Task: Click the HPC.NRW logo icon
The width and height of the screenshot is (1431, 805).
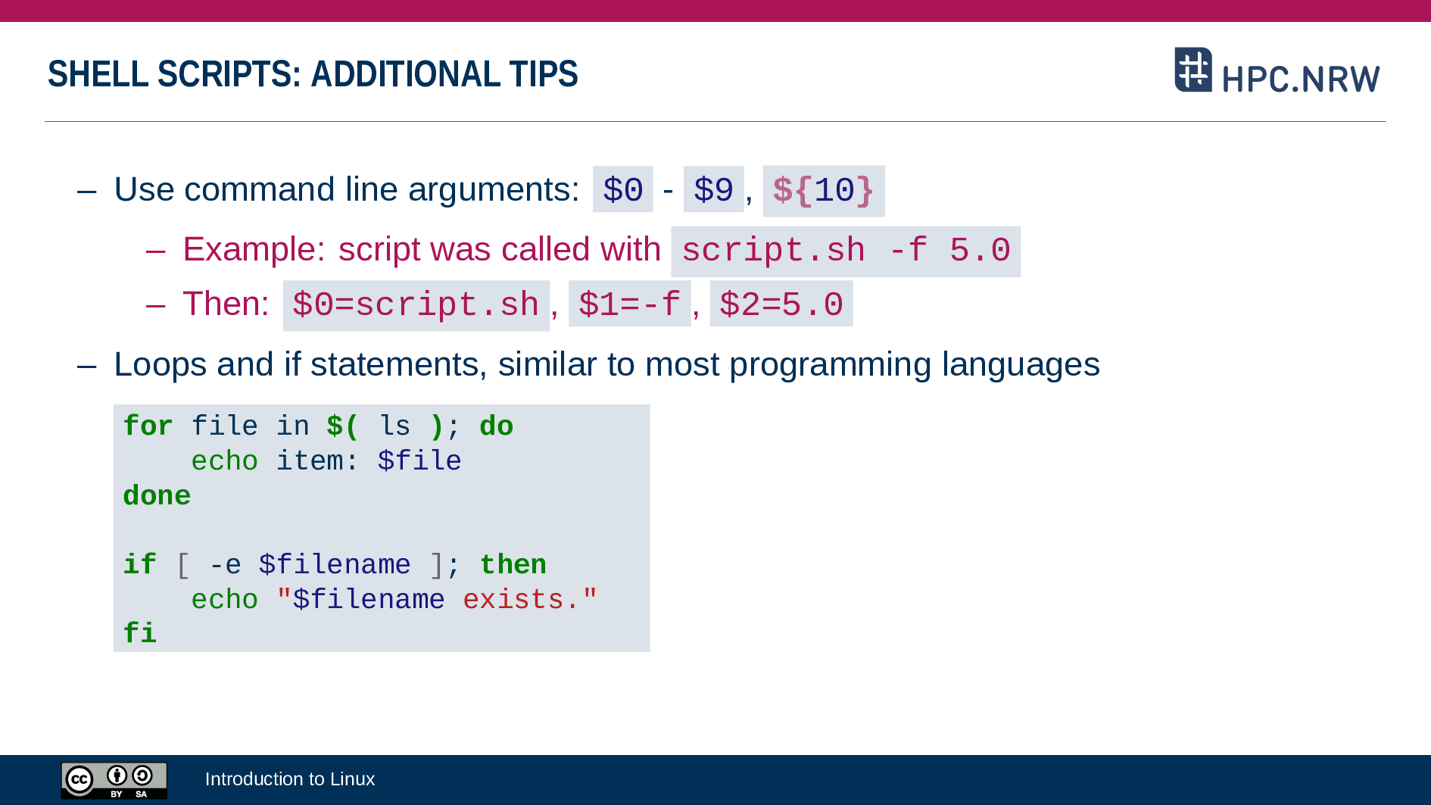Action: (1193, 70)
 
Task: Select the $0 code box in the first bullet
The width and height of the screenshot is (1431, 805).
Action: (622, 189)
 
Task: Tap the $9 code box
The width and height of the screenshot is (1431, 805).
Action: (713, 189)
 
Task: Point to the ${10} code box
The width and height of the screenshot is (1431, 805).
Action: (824, 191)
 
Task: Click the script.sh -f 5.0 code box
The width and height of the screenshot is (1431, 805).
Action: (846, 251)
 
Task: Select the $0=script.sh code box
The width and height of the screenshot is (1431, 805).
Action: (416, 306)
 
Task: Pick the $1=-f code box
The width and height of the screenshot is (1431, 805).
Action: (629, 304)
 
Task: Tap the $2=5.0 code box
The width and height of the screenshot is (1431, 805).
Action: (781, 304)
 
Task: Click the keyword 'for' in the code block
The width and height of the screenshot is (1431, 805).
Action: (148, 426)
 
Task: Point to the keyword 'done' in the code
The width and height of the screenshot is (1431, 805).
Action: (157, 496)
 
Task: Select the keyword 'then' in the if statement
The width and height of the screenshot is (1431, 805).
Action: (513, 565)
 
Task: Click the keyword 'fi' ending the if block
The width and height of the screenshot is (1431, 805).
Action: (139, 633)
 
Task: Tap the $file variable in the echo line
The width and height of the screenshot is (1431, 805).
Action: (419, 461)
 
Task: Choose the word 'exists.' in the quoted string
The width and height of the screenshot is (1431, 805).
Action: (522, 600)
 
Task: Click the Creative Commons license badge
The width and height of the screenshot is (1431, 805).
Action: (114, 781)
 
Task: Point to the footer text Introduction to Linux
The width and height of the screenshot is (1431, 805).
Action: (290, 779)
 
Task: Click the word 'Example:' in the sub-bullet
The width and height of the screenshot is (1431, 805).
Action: (254, 250)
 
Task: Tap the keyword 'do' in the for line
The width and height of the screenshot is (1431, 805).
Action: (497, 426)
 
